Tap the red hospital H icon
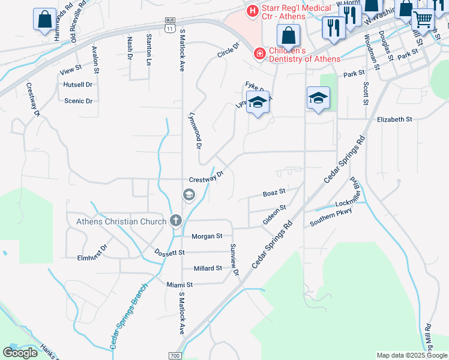tap(252, 10)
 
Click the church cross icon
tap(175, 221)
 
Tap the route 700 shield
tap(175, 355)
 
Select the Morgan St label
tap(206, 236)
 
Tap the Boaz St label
tap(273, 193)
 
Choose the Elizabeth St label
tap(394, 119)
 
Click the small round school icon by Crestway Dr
tap(188, 194)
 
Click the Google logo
tap(20, 353)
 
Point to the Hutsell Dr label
tap(77, 85)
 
